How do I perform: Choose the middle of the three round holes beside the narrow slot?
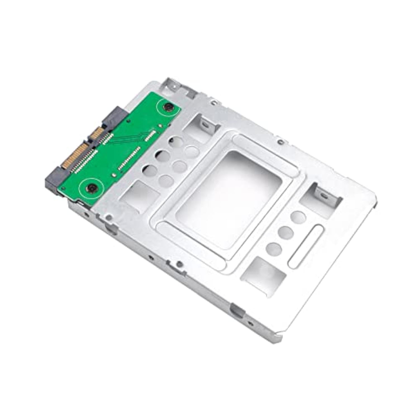[x=285, y=232]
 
